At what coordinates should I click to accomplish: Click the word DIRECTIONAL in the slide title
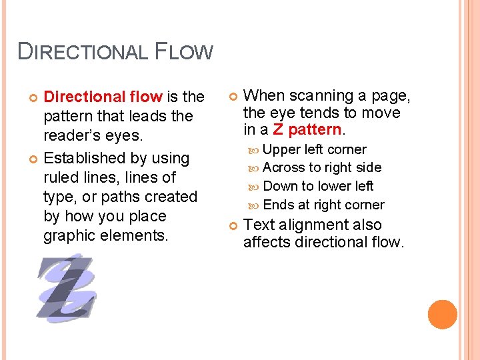[x=83, y=52]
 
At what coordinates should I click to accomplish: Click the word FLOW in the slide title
[x=184, y=52]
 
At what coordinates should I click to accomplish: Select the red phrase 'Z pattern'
[x=307, y=129]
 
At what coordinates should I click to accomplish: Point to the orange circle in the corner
[x=442, y=314]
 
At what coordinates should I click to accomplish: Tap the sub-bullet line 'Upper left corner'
[x=315, y=149]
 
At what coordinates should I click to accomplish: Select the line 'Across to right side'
[x=322, y=167]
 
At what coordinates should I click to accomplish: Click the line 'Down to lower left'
[x=318, y=186]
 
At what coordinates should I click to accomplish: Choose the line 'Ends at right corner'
[x=323, y=205]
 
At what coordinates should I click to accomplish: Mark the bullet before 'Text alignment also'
[x=232, y=226]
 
